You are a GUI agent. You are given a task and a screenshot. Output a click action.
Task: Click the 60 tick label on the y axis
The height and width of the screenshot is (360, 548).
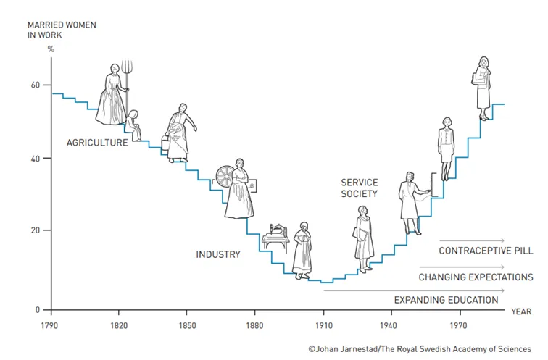(36, 85)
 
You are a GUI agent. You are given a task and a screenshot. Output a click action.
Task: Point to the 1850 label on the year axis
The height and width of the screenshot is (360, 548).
(187, 326)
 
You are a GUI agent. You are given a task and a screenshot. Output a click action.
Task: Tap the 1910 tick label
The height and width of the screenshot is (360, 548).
(324, 326)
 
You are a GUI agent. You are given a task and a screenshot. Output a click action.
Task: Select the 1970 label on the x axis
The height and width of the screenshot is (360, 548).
(459, 326)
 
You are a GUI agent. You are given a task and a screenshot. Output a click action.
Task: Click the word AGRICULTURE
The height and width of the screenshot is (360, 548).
(97, 143)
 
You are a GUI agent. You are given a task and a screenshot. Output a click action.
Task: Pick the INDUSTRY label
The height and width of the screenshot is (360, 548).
(218, 254)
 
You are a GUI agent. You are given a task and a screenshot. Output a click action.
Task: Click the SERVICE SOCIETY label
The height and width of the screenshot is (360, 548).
(360, 188)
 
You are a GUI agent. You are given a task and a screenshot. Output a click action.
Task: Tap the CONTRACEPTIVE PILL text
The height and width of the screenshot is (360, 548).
(486, 251)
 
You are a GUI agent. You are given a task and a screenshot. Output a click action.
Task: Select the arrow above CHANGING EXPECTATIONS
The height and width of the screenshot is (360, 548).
(462, 267)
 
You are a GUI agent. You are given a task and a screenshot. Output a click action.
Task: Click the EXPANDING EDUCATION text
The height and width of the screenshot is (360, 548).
(446, 300)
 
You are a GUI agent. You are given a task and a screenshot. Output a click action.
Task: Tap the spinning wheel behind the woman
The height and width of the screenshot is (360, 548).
(225, 177)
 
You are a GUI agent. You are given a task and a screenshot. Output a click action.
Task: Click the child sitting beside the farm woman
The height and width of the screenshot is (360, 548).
(133, 125)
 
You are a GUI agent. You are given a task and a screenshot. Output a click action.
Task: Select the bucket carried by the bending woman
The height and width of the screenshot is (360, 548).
(165, 143)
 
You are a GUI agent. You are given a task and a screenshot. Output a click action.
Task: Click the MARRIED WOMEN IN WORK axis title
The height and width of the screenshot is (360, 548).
(62, 30)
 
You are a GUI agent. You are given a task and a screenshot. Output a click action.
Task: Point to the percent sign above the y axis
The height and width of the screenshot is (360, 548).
(51, 49)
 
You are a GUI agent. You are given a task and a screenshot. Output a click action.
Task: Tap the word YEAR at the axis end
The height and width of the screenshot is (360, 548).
(521, 311)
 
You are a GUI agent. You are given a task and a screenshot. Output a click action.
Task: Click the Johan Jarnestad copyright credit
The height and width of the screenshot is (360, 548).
(420, 349)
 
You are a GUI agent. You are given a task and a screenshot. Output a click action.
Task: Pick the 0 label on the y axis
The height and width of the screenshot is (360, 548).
(38, 310)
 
